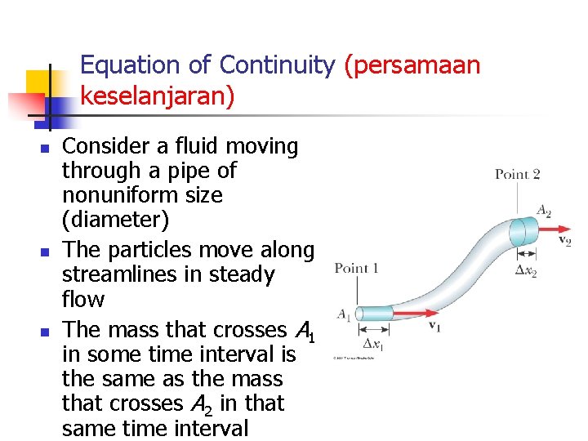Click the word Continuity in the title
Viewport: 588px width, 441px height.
(278, 65)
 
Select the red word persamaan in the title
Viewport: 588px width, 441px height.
(412, 65)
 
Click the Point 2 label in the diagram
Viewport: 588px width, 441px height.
(517, 174)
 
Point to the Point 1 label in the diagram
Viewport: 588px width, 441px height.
(357, 269)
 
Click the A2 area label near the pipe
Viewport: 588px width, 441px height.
(543, 211)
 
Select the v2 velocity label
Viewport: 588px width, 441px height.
(563, 241)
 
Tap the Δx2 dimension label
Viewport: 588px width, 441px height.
(526, 270)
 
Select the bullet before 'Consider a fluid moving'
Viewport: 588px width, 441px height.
(47, 149)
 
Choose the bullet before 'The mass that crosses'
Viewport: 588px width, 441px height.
(47, 332)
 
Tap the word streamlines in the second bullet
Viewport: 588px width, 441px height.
(121, 274)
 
